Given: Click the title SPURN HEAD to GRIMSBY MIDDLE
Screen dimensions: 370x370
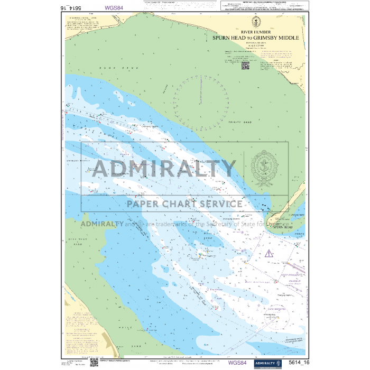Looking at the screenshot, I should pyautogui.click(x=256, y=38).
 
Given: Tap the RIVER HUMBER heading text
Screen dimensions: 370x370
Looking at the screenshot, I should pyautogui.click(x=256, y=32).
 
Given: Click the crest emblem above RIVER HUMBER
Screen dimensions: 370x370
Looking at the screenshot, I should pyautogui.click(x=256, y=22).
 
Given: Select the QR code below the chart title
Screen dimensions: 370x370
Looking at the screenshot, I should pyautogui.click(x=245, y=65).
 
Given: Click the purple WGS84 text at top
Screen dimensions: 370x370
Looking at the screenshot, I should pyautogui.click(x=114, y=8).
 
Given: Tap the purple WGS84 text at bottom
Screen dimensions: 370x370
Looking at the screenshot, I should pyautogui.click(x=238, y=363).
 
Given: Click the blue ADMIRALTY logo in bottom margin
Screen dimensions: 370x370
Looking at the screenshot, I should pyautogui.click(x=267, y=363).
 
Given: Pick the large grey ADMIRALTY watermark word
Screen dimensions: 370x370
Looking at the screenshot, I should pyautogui.click(x=164, y=169).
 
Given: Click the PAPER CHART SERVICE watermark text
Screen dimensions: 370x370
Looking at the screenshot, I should pyautogui.click(x=184, y=203).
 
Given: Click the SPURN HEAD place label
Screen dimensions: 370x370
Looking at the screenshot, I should pyautogui.click(x=283, y=227).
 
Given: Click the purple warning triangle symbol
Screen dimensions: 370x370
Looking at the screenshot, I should pyautogui.click(x=269, y=253).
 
